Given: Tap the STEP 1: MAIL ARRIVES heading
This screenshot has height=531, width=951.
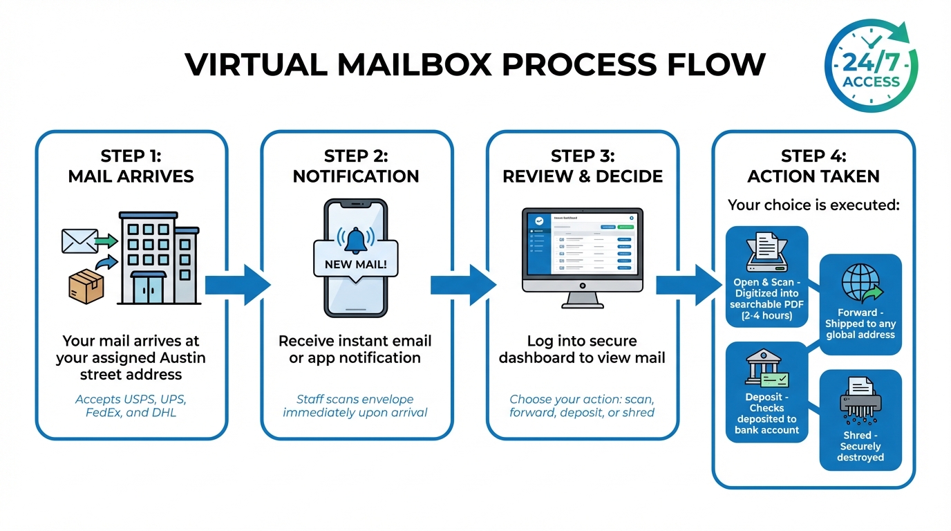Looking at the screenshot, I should pyautogui.click(x=131, y=166).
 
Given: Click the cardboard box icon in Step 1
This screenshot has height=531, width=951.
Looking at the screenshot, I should pyautogui.click(x=86, y=286).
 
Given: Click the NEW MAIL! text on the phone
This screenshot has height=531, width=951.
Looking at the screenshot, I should pyautogui.click(x=356, y=264).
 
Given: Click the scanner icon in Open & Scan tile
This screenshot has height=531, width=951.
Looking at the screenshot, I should pyautogui.click(x=766, y=252).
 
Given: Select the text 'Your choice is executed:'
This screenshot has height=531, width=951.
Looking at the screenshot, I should pyautogui.click(x=813, y=205).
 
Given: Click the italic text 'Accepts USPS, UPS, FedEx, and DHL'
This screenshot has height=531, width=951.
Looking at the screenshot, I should pyautogui.click(x=131, y=406).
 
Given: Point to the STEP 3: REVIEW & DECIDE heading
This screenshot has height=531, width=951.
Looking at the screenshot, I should pyautogui.click(x=582, y=166).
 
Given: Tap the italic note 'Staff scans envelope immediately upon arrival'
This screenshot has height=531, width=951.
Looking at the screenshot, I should pyautogui.click(x=356, y=406).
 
